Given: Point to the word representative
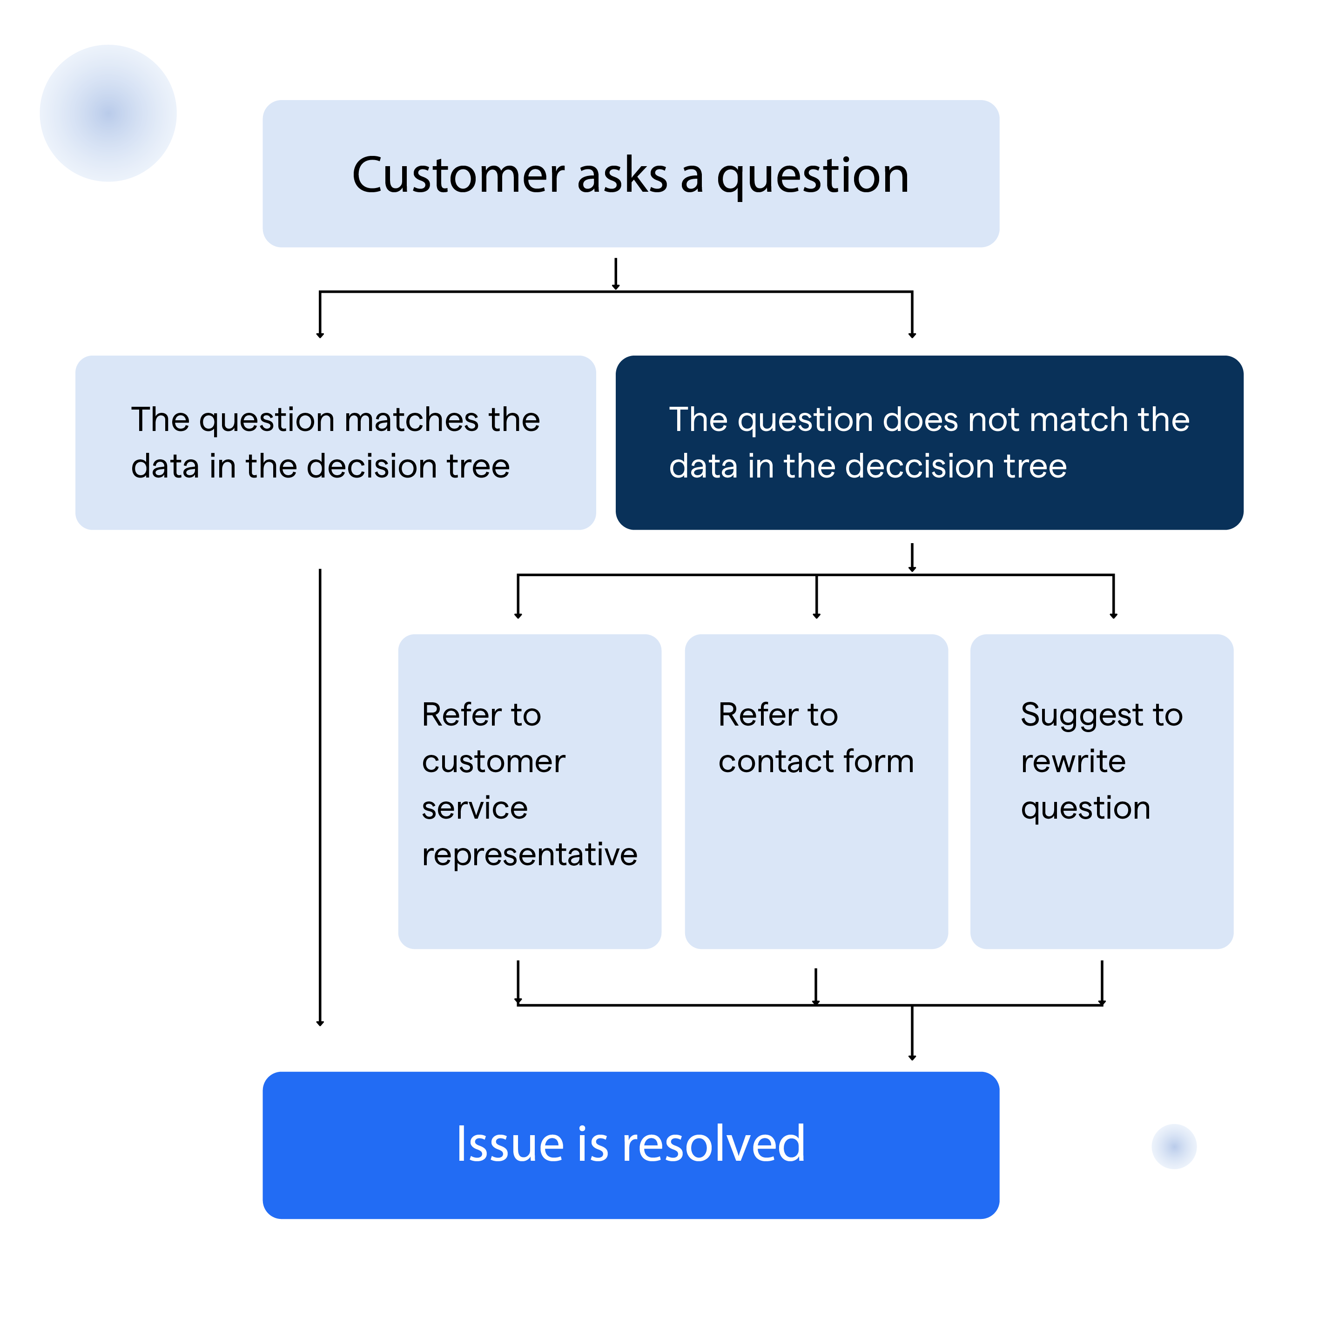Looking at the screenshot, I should point(529,854).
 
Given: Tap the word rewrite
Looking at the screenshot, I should point(1072,761).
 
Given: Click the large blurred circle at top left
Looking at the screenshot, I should point(108,114).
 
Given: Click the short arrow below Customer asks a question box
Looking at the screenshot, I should point(615,275).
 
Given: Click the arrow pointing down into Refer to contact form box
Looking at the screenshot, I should point(816,598).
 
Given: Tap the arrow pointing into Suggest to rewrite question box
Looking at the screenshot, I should point(1113,598).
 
